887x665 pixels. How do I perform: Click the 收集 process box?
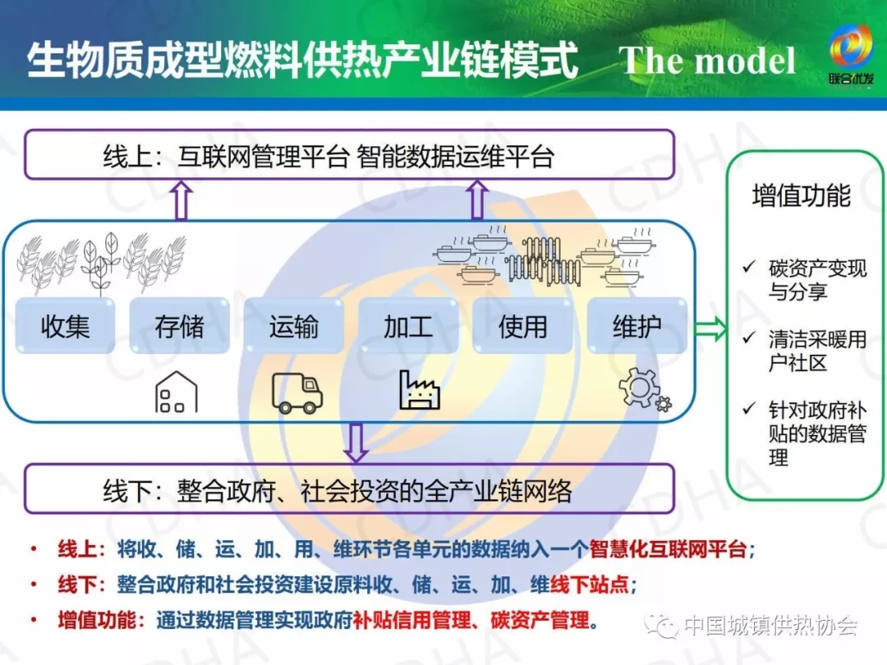click(65, 326)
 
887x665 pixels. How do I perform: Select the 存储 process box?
click(179, 326)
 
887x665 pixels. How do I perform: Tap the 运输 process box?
click(293, 326)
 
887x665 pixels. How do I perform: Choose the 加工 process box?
click(407, 326)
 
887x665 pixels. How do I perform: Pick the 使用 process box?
click(522, 326)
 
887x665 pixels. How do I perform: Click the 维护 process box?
click(637, 326)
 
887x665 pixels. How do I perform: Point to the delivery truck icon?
click(296, 392)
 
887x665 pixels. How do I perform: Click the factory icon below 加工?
click(420, 390)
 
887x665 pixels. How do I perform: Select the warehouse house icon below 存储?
click(176, 392)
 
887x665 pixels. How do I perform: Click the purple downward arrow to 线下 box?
click(356, 442)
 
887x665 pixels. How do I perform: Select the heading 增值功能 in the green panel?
click(801, 196)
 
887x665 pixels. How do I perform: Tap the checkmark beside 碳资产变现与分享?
click(748, 268)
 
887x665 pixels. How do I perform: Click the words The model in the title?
click(707, 62)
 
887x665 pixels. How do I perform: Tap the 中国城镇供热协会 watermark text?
click(770, 626)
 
